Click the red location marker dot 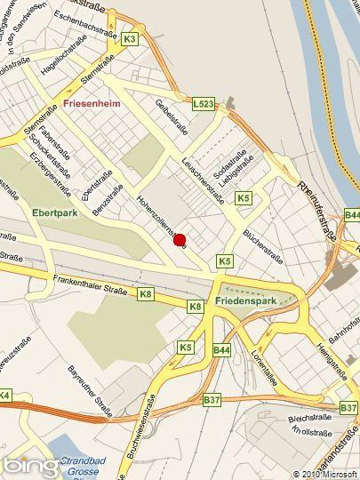point(180,239)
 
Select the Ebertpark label point(54,214)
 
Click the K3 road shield point(131,39)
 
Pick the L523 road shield point(204,104)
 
